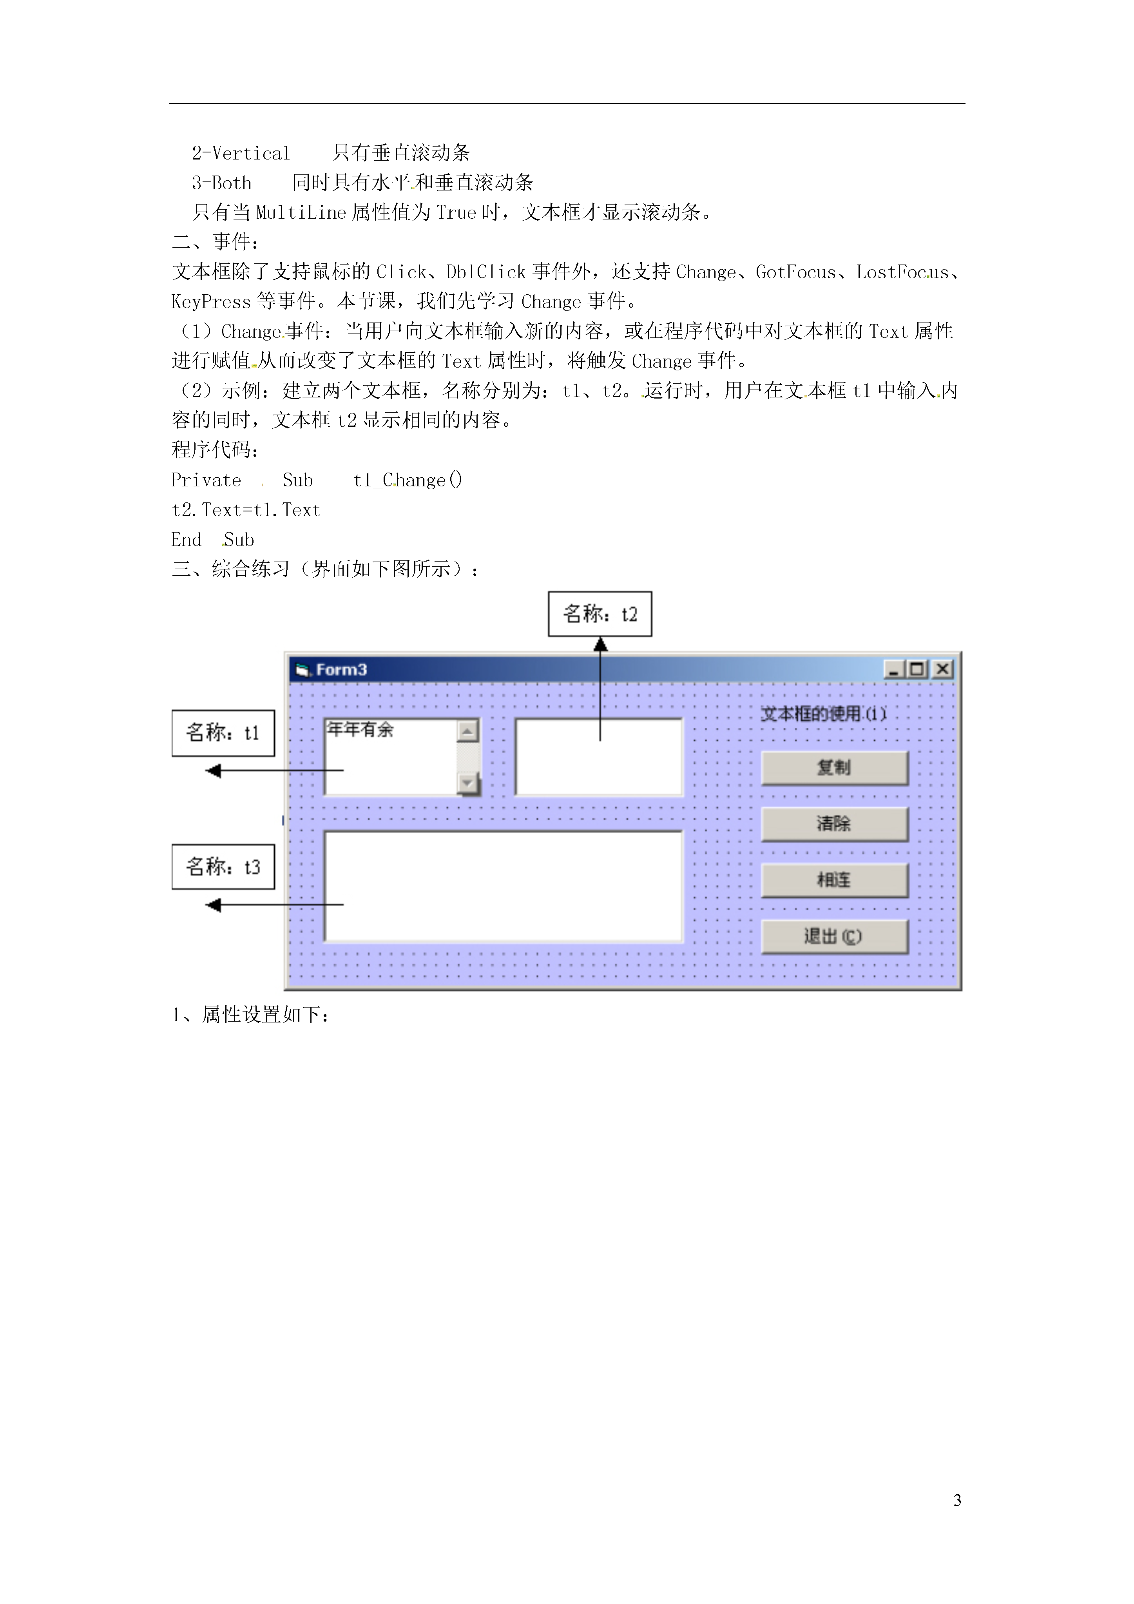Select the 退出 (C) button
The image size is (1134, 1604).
coord(834,936)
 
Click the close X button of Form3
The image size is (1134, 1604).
coord(942,669)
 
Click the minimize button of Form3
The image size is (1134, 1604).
coord(894,669)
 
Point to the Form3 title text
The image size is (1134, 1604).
coord(341,670)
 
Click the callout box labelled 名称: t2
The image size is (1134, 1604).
coord(600,614)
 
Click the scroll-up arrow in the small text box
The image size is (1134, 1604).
coord(467,731)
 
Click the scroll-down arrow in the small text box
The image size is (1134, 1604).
coord(467,783)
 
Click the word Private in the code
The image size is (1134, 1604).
coord(206,480)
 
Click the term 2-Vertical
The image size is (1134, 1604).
coord(241,153)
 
